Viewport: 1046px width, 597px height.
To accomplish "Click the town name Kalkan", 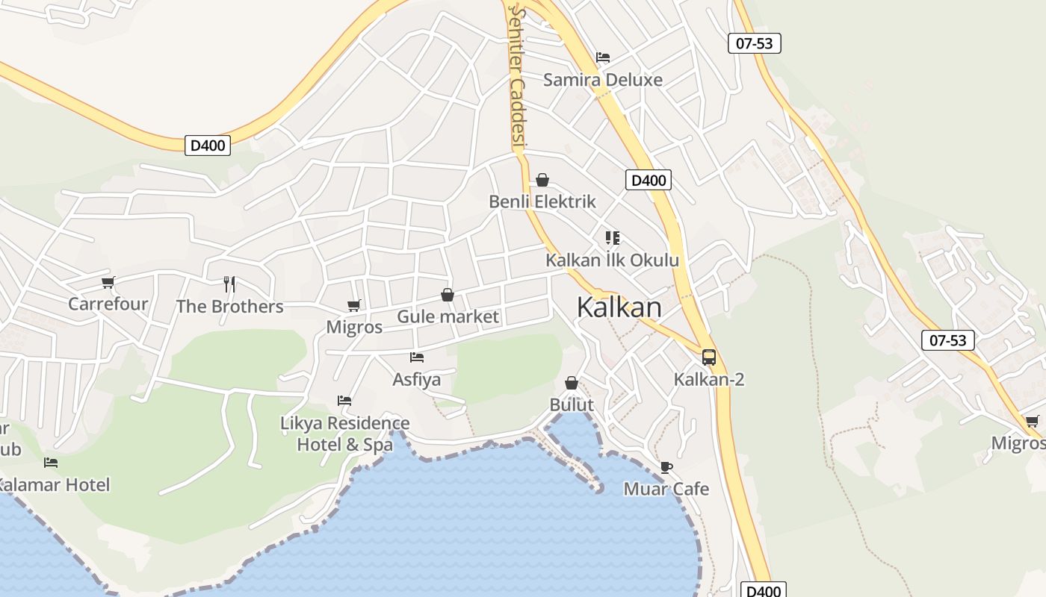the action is (619, 307).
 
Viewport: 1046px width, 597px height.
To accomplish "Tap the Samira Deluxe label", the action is (602, 80).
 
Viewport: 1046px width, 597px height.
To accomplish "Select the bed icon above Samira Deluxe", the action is (603, 57).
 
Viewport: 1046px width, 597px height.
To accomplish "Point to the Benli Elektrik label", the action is (542, 201).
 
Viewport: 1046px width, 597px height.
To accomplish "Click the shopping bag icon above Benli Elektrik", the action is (542, 180).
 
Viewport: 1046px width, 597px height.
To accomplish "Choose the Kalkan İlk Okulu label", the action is (612, 260).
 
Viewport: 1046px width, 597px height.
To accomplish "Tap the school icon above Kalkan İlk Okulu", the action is (613, 238).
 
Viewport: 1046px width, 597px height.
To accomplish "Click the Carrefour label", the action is (108, 304).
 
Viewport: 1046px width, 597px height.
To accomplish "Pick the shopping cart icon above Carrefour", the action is (108, 282).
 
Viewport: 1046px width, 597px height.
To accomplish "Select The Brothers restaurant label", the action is (229, 306).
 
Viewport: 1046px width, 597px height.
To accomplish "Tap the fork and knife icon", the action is (229, 284).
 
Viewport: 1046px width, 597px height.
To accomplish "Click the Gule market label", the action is (448, 316).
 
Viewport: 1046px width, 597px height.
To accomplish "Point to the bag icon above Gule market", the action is (448, 295).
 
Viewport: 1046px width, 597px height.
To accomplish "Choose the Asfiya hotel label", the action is (417, 379).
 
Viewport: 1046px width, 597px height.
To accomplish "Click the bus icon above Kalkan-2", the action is (709, 357).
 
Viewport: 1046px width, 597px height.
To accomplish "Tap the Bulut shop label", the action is (572, 405).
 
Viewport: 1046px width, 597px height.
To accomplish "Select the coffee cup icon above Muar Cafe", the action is (666, 467).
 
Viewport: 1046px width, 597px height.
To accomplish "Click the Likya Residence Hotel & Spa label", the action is (345, 434).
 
